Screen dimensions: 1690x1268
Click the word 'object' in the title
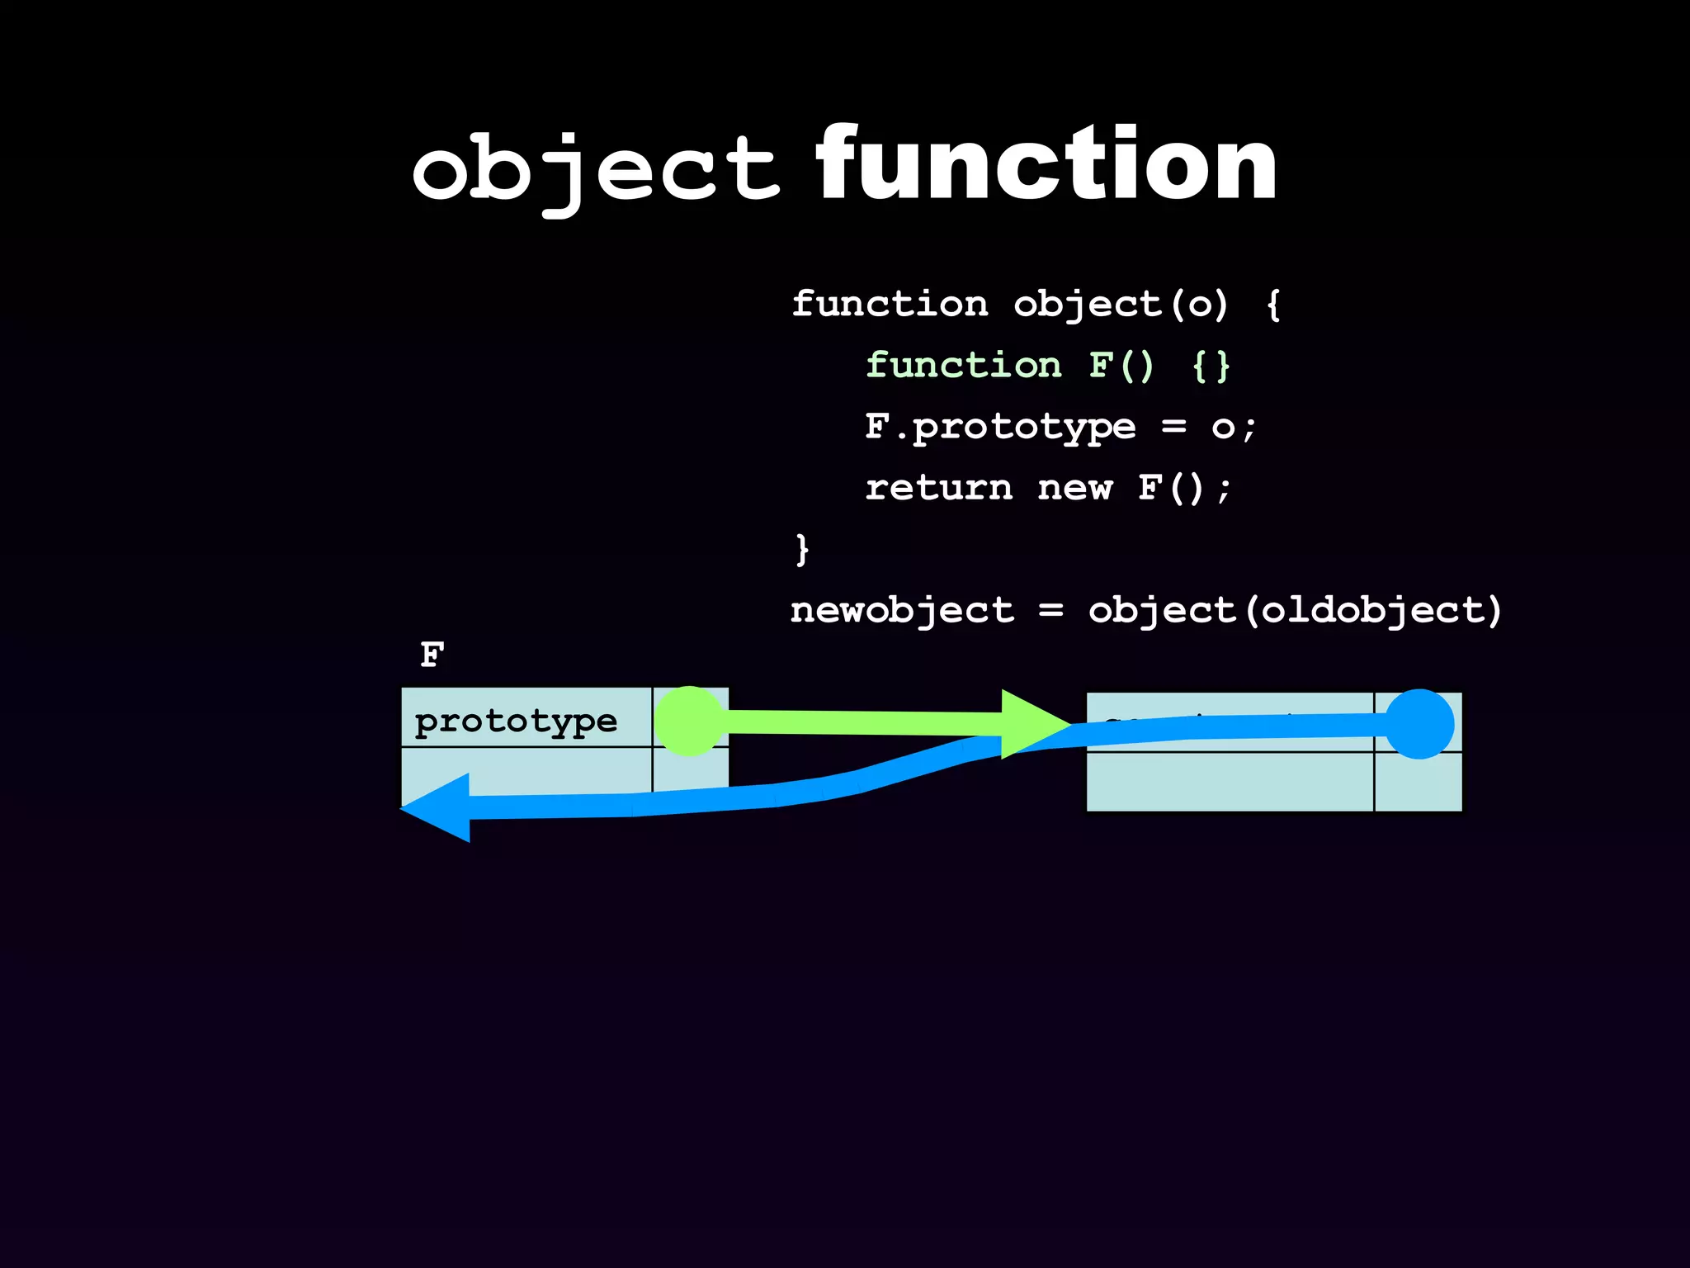(x=595, y=168)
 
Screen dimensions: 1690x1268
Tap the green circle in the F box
(x=689, y=721)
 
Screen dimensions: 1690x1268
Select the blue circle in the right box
(x=1419, y=724)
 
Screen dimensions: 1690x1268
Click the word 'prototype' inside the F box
(x=516, y=721)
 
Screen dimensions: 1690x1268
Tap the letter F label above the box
(x=432, y=655)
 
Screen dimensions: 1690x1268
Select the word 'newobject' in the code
(x=902, y=611)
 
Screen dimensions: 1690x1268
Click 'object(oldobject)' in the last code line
(x=1295, y=611)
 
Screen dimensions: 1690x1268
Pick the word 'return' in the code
(x=938, y=488)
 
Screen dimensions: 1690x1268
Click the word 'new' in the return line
(x=1074, y=488)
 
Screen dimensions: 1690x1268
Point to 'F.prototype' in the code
(x=1000, y=427)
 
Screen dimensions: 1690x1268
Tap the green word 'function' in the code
(x=963, y=366)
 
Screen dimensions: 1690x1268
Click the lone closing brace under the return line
(x=801, y=549)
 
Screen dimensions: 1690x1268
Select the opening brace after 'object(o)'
(x=1273, y=305)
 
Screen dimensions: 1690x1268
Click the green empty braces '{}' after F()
(x=1211, y=366)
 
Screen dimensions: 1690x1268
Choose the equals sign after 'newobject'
(x=1050, y=611)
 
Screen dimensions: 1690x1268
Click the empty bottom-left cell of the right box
(x=1230, y=782)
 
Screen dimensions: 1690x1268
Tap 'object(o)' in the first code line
(x=1121, y=305)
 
